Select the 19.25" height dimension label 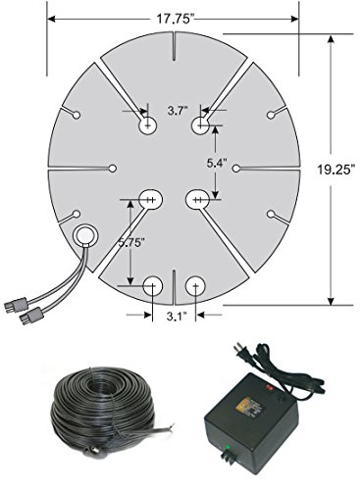tap(336, 170)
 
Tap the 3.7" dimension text tap(178, 111)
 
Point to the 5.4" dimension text tap(217, 163)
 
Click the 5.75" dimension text tap(131, 242)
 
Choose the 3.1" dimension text tap(177, 317)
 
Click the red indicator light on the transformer tap(270, 388)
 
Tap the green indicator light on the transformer tap(227, 447)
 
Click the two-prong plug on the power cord tap(242, 352)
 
